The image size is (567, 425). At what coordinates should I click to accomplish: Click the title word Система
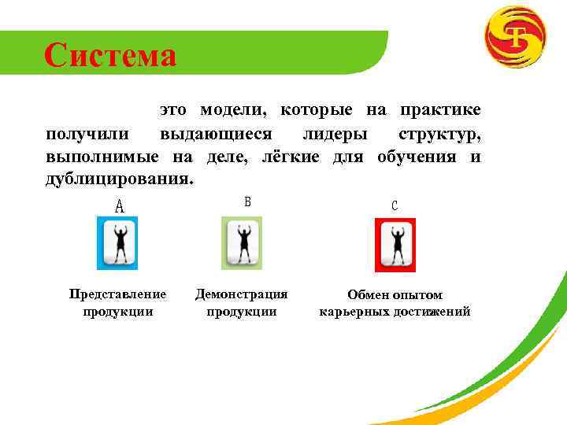click(110, 55)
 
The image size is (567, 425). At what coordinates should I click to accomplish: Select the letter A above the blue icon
click(120, 207)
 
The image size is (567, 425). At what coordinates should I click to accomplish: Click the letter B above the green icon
click(247, 201)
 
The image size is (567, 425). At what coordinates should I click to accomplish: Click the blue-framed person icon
click(117, 244)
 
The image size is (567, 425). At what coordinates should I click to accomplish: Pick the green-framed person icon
click(242, 243)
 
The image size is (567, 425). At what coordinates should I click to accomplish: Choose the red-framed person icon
click(395, 244)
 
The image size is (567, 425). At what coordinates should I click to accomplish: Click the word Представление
click(117, 294)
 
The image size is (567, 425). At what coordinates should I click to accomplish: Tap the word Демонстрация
click(242, 294)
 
